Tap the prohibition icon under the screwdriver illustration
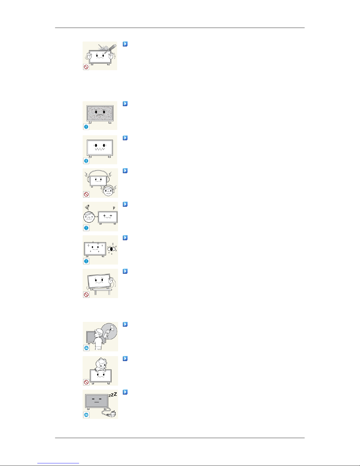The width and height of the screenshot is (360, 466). pos(86,67)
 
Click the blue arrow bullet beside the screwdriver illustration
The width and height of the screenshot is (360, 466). pos(125,44)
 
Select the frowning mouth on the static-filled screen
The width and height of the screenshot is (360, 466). pos(100,116)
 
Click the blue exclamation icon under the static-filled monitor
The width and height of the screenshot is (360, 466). pos(86,127)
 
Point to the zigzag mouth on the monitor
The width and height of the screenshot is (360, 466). pos(100,149)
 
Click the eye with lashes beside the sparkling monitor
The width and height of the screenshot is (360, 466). pos(112,248)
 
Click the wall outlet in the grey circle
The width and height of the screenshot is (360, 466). pos(112,328)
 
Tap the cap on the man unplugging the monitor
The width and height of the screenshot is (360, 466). pos(100,331)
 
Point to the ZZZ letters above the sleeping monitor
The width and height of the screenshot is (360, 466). pos(113,395)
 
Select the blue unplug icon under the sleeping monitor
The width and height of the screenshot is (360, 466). pos(86,415)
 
